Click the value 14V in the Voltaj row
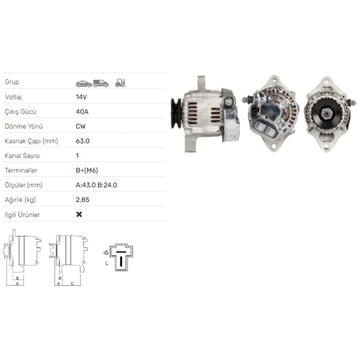click(82, 97)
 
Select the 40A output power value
click(82, 112)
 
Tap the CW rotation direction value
click(81, 126)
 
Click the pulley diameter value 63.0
click(82, 141)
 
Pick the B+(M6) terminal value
click(87, 170)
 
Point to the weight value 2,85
click(82, 200)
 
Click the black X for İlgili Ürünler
click(79, 215)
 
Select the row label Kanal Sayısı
click(22, 156)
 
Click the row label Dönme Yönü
click(24, 126)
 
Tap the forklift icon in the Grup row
click(121, 83)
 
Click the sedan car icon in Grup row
click(84, 84)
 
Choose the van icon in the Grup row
click(101, 84)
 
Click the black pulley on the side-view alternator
click(176, 113)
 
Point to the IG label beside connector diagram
click(106, 253)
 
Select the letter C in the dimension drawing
click(72, 284)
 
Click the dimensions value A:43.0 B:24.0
click(96, 185)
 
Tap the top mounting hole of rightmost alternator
click(327, 81)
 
